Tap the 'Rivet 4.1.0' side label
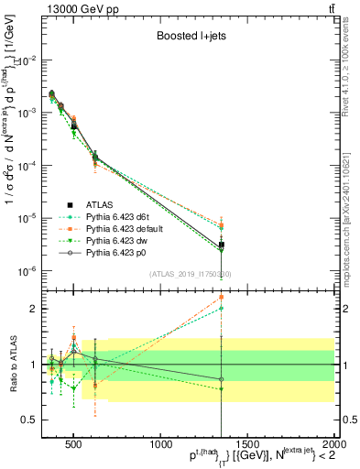pos(352,64)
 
